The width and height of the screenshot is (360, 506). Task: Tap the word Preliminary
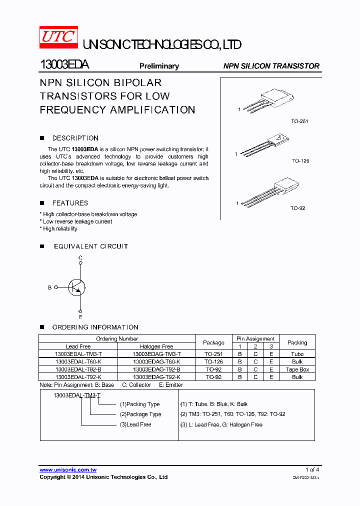pyautogui.click(x=159, y=66)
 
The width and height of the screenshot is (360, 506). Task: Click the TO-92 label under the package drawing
pyautogui.click(x=298, y=208)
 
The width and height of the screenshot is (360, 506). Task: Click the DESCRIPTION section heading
pyautogui.click(x=75, y=138)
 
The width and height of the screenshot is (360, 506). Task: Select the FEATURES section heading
pyautogui.click(x=70, y=203)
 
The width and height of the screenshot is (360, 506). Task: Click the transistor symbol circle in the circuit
pyautogui.click(x=77, y=287)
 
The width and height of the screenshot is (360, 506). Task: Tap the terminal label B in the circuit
pyautogui.click(x=49, y=287)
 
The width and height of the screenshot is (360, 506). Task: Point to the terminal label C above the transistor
pyautogui.click(x=80, y=258)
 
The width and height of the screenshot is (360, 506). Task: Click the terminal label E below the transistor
pyautogui.click(x=80, y=317)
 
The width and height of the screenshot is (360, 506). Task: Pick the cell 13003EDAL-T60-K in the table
pyautogui.click(x=78, y=361)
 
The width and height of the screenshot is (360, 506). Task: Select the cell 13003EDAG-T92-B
pyautogui.click(x=156, y=369)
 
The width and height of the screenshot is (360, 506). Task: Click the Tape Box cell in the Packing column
pyautogui.click(x=297, y=369)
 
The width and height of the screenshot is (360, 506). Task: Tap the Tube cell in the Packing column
pyautogui.click(x=297, y=354)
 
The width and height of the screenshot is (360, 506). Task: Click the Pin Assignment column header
pyautogui.click(x=255, y=338)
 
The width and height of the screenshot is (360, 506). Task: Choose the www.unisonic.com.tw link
pyautogui.click(x=68, y=470)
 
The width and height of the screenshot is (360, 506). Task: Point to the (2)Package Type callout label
pyautogui.click(x=140, y=414)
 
